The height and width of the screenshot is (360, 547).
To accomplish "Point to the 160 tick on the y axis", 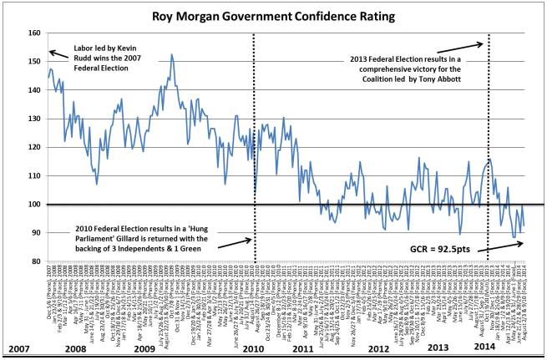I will pos(34,33).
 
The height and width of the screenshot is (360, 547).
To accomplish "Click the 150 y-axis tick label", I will pos(34,62).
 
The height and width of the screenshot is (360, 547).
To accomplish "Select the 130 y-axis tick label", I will pos(34,119).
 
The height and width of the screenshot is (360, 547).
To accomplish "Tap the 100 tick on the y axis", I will pos(34,205).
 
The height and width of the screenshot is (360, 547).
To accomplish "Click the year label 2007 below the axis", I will pos(19,347).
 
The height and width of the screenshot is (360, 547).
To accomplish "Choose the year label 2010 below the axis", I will pos(250,347).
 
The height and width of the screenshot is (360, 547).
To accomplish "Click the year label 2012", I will pos(377,347).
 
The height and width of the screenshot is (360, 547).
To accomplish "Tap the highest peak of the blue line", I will pos(171,55).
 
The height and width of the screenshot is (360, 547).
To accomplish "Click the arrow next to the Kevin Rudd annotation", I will pos(58,53).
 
